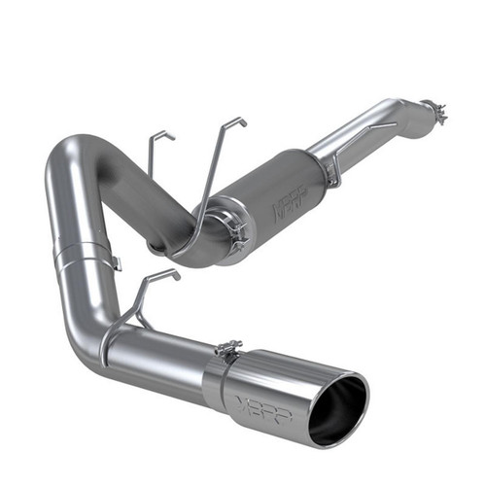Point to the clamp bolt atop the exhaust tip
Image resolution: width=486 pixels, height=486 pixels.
(x=229, y=348)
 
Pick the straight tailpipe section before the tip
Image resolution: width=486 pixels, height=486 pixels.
(x=156, y=355)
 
